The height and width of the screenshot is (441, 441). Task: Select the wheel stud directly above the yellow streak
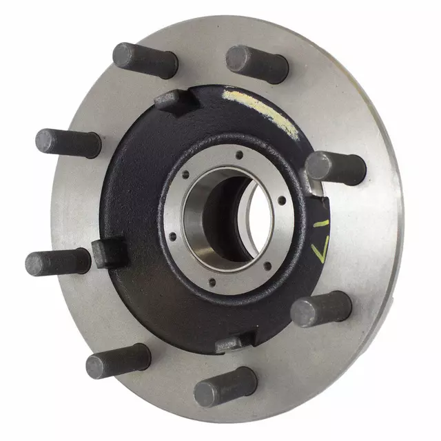(x=258, y=64)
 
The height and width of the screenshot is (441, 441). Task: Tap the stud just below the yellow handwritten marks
(x=321, y=308)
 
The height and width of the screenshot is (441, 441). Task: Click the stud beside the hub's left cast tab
(x=58, y=262)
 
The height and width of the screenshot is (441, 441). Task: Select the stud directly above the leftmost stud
(x=68, y=143)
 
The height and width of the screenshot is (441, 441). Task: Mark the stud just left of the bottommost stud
(x=118, y=360)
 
